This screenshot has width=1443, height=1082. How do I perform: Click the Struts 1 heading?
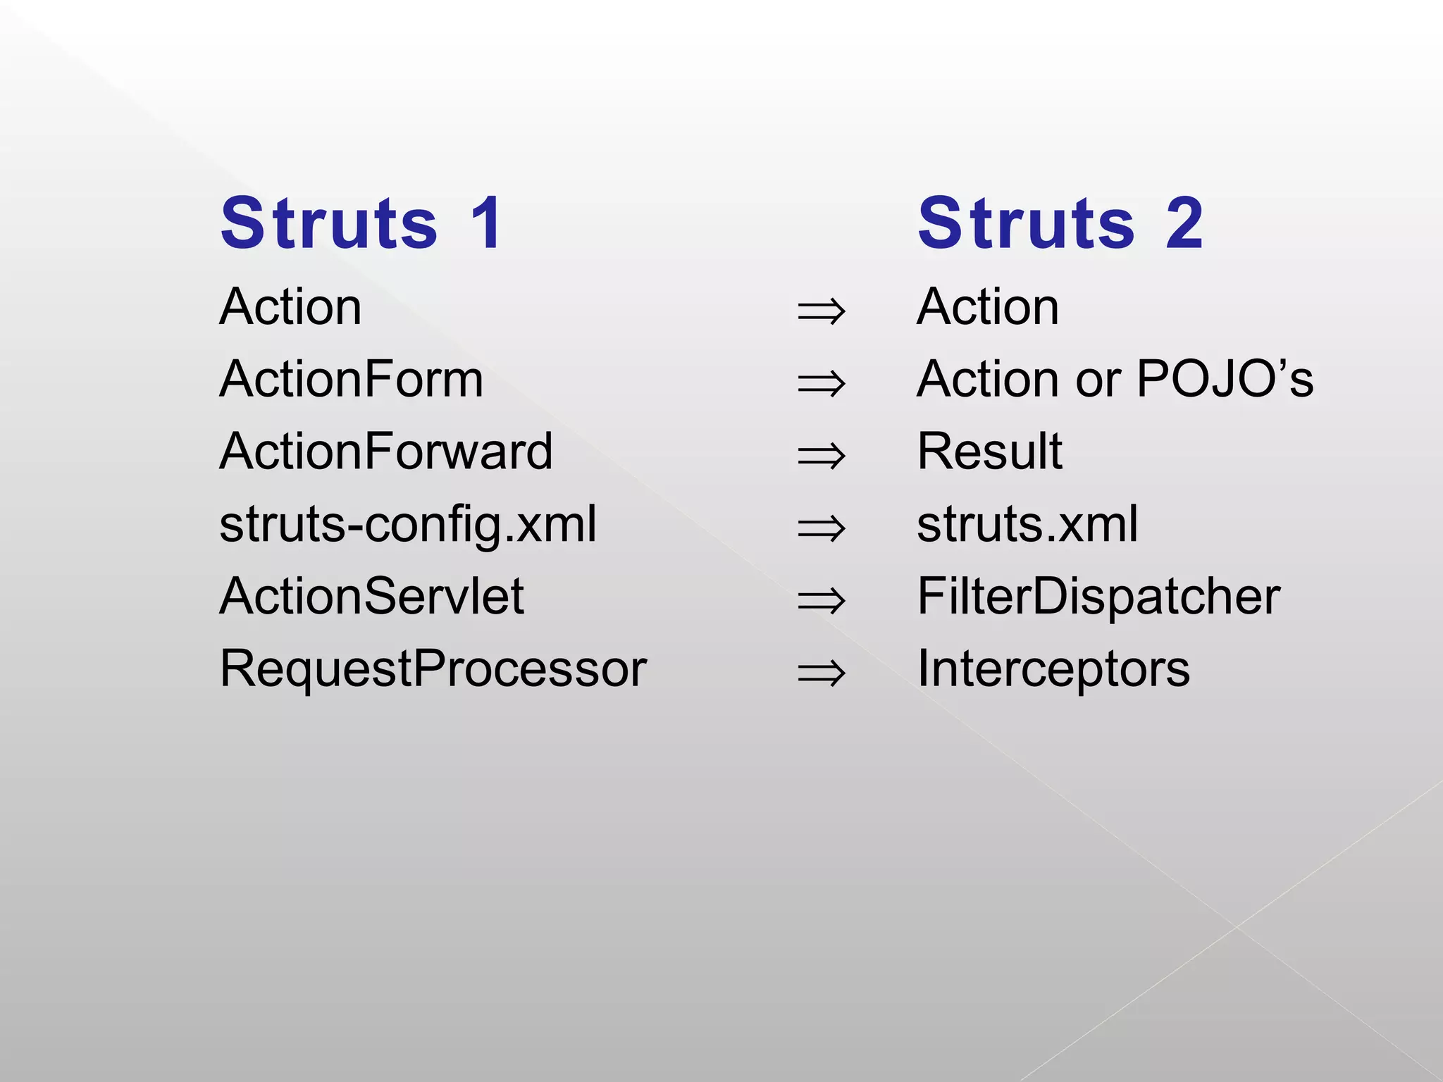361,224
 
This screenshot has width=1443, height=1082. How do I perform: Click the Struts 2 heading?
1060,224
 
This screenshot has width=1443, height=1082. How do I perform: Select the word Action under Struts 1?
290,307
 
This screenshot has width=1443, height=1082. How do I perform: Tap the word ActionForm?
351,380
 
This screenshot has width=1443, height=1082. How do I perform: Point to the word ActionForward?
386,452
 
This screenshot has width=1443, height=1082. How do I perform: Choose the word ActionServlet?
371,597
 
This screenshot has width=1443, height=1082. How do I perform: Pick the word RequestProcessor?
433,669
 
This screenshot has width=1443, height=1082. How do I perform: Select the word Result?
989,452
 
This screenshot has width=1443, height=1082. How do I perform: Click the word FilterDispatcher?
1098,597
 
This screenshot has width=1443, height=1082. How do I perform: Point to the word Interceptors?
1053,669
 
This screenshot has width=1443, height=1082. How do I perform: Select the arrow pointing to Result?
821,456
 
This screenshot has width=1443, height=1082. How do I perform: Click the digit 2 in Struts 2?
1184,224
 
